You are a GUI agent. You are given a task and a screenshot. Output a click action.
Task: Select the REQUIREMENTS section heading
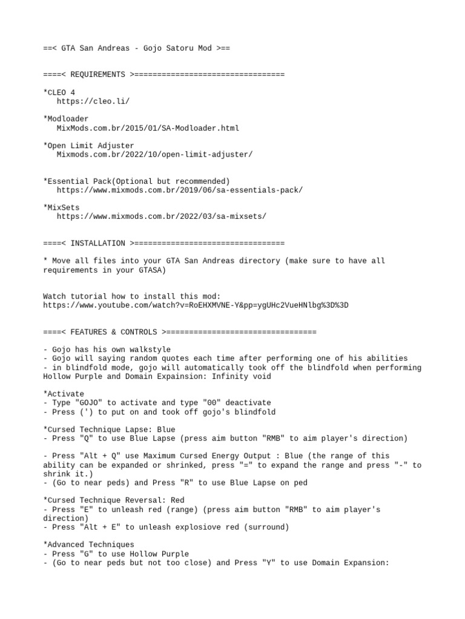pyautogui.click(x=97, y=74)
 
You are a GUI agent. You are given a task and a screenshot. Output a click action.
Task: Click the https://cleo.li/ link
pyautogui.click(x=93, y=101)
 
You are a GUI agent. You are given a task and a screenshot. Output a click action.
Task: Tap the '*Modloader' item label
pyautogui.click(x=65, y=119)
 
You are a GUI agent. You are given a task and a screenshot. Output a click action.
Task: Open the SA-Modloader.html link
pyautogui.click(x=148, y=128)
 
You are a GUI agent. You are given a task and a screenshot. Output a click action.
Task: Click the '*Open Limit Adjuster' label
pyautogui.click(x=88, y=146)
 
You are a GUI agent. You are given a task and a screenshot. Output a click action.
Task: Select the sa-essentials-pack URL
pyautogui.click(x=179, y=190)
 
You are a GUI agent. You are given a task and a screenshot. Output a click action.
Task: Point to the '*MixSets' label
pyautogui.click(x=61, y=207)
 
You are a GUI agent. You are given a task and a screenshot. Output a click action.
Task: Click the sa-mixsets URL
pyautogui.click(x=161, y=216)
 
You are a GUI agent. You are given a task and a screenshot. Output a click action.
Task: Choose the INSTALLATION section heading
pyautogui.click(x=97, y=243)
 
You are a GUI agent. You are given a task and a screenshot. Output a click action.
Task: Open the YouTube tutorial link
pyautogui.click(x=196, y=305)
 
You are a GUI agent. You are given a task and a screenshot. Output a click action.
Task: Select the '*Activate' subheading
pyautogui.click(x=64, y=394)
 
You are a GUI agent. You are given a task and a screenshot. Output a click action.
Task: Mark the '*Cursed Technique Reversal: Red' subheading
pyautogui.click(x=113, y=501)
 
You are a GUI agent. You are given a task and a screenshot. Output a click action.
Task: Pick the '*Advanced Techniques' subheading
pyautogui.click(x=88, y=545)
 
